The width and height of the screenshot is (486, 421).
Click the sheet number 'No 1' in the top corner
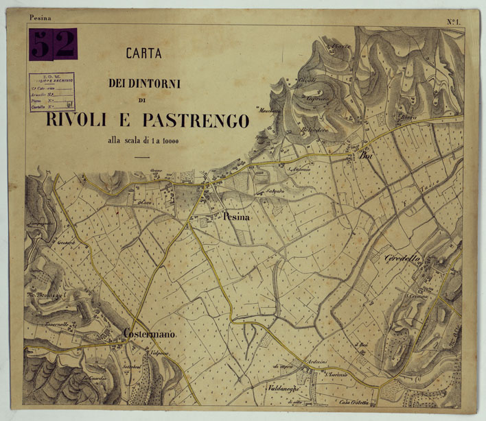453,22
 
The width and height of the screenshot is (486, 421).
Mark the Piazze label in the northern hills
340,47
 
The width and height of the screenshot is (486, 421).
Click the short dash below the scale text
142,158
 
